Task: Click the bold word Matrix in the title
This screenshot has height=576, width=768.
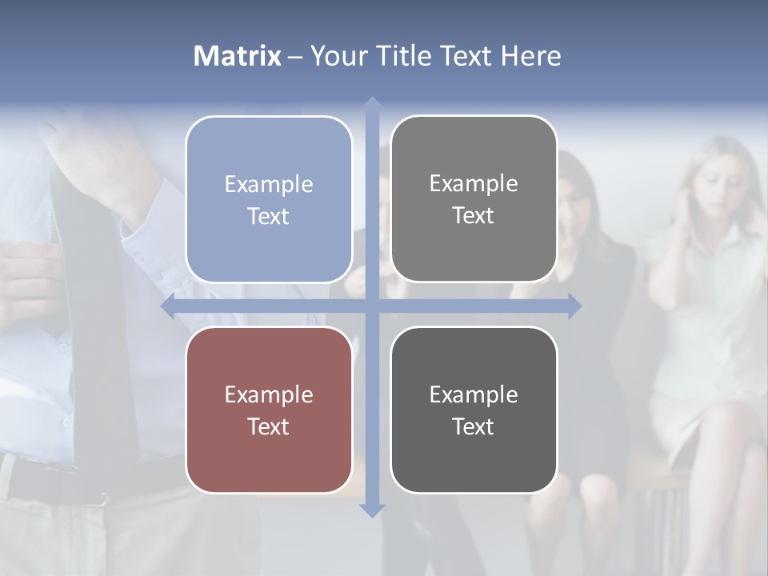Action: [237, 56]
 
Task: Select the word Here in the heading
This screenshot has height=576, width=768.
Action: [530, 56]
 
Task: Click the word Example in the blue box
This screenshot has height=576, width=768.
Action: [269, 185]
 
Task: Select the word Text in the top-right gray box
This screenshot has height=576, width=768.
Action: [474, 215]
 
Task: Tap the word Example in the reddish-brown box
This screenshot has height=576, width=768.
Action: [269, 395]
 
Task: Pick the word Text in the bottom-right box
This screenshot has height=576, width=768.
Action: [474, 426]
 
